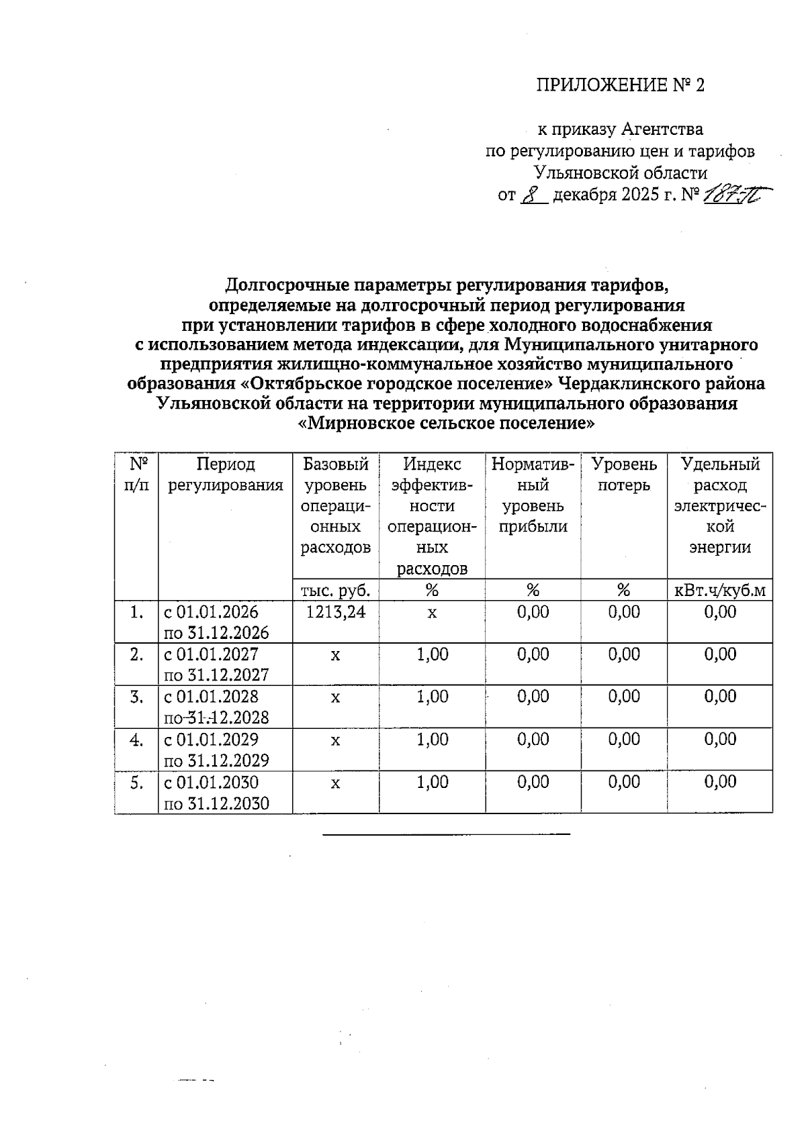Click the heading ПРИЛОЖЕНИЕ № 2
[621, 85]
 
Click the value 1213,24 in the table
[335, 612]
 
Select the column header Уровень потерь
[623, 475]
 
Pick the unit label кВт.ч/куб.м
[720, 591]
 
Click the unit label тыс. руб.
[335, 591]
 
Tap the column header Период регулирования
[225, 475]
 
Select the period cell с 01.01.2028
[216, 707]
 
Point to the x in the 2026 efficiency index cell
[432, 613]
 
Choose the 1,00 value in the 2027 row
[432, 654]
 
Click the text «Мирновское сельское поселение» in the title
[447, 424]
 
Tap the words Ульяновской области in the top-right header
[621, 173]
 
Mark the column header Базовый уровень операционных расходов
[335, 505]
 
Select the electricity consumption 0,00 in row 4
[720, 740]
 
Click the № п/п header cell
[136, 475]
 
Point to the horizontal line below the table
[446, 834]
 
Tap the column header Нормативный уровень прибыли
[533, 495]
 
